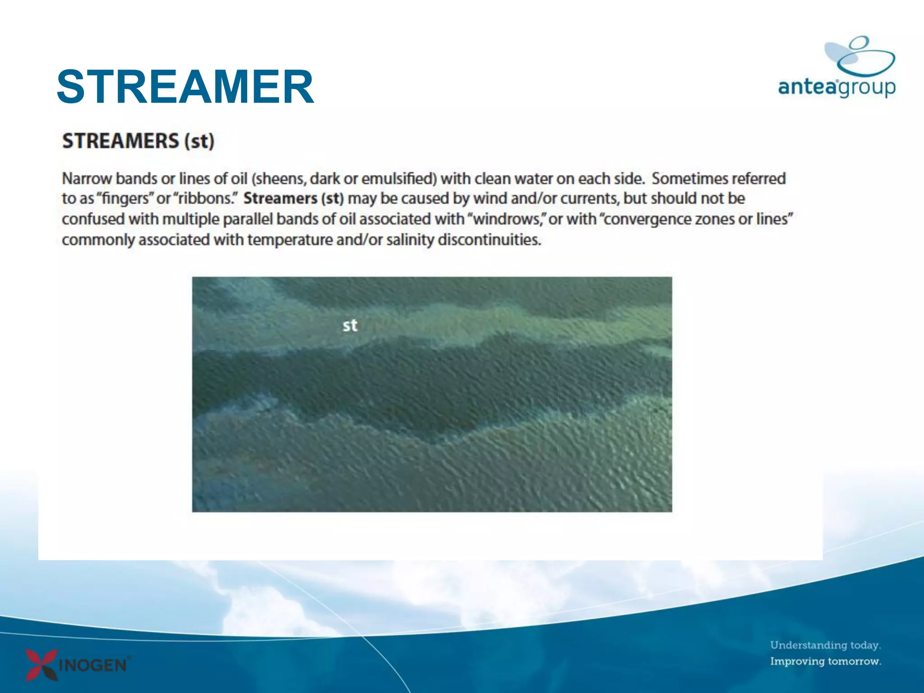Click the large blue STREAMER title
185,87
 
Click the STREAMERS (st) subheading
138,141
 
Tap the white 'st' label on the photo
350,325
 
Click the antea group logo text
836,87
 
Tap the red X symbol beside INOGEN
41,664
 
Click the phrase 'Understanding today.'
825,645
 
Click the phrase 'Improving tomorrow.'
825,661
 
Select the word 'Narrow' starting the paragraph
87,179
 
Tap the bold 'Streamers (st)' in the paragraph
293,199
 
